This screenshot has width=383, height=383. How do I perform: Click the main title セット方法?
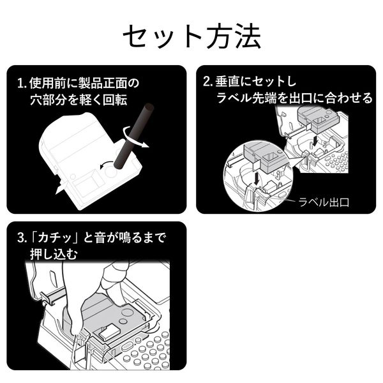[x=191, y=36]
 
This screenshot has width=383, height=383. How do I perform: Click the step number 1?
[x=21, y=83]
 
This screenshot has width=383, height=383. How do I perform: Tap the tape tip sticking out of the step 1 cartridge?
[x=61, y=187]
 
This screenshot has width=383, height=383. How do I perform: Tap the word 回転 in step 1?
[x=136, y=100]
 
